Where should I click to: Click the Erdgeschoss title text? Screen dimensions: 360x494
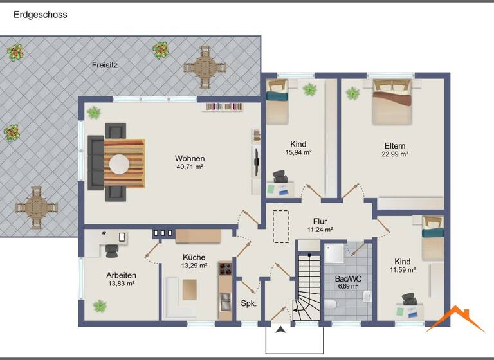click(40, 14)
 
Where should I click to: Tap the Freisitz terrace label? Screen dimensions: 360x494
click(104, 65)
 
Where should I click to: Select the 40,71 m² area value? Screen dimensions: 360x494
click(189, 167)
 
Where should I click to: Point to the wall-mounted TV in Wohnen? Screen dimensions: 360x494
click(257, 161)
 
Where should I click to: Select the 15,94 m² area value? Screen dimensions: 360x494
click(298, 153)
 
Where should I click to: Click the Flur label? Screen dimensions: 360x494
click(320, 221)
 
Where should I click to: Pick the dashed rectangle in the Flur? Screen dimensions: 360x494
click(280, 226)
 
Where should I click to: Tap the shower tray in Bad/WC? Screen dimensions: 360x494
click(334, 253)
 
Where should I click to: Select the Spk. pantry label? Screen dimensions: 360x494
click(249, 303)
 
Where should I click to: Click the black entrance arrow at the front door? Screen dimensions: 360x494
click(280, 330)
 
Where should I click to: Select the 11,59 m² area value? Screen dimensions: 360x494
click(403, 270)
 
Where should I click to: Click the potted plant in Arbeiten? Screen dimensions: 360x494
click(100, 306)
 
